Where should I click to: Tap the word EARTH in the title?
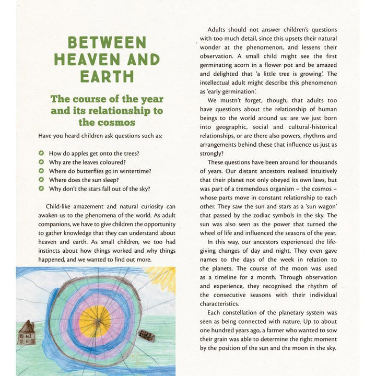pos(107,76)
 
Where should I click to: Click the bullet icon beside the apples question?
pos(41,154)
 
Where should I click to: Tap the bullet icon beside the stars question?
pos(41,189)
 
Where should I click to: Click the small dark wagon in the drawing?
pos(146,335)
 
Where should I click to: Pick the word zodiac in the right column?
pos(258,216)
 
